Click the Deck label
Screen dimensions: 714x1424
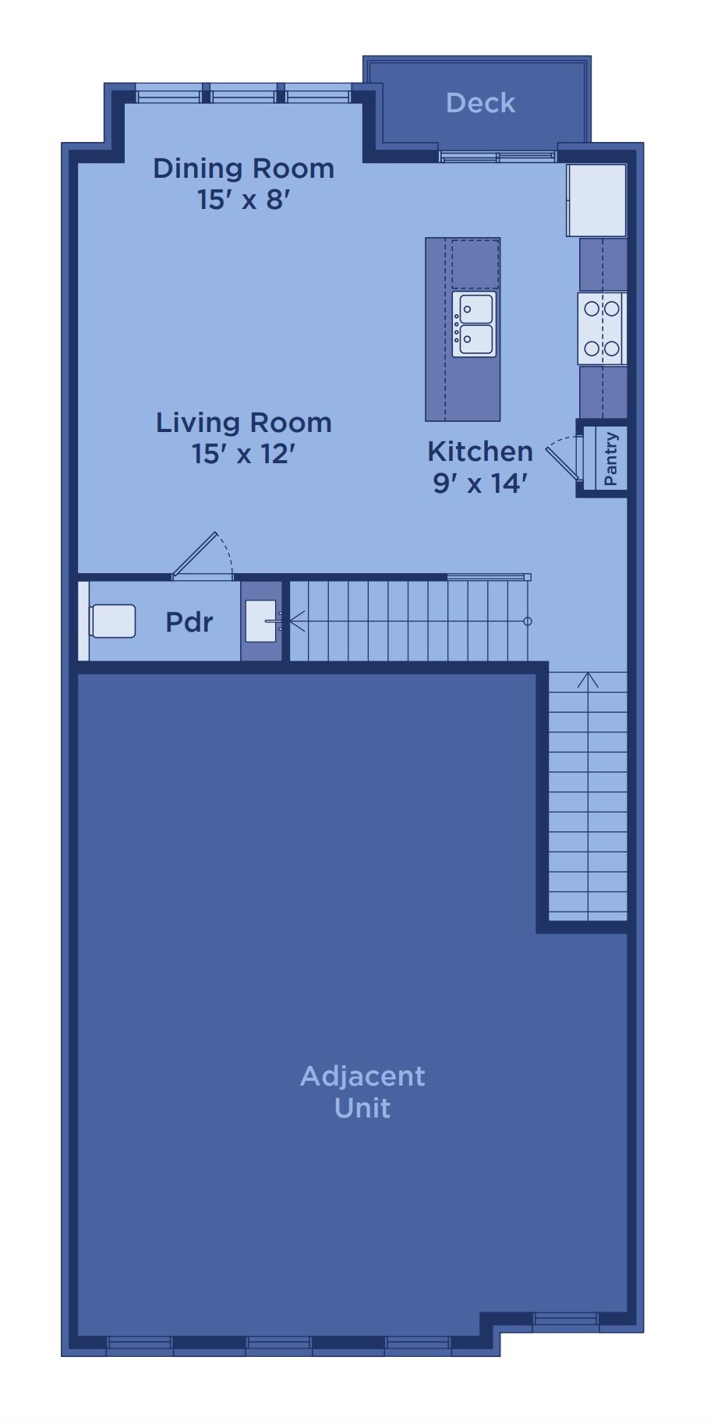click(x=480, y=103)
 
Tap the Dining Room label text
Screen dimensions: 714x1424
click(x=243, y=168)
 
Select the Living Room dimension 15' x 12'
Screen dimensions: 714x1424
click(x=243, y=453)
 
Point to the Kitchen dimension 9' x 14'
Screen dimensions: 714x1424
click(x=480, y=484)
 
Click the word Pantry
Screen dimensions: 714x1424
click(x=611, y=459)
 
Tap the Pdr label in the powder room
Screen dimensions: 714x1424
click(x=189, y=622)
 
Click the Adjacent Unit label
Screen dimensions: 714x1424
click(x=362, y=1092)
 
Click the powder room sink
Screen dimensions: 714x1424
click(x=261, y=622)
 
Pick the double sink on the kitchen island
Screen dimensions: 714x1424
click(x=475, y=324)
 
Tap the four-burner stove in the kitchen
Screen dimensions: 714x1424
click(x=602, y=328)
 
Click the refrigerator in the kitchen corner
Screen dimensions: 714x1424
click(x=596, y=200)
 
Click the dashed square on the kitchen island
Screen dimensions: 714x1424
click(x=475, y=264)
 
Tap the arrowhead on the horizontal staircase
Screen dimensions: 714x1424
click(x=295, y=622)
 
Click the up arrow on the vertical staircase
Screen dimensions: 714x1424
click(x=588, y=680)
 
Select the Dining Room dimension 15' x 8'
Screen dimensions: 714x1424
click(x=243, y=200)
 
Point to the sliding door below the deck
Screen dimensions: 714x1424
click(x=497, y=157)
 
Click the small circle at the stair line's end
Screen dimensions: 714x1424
click(x=528, y=622)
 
